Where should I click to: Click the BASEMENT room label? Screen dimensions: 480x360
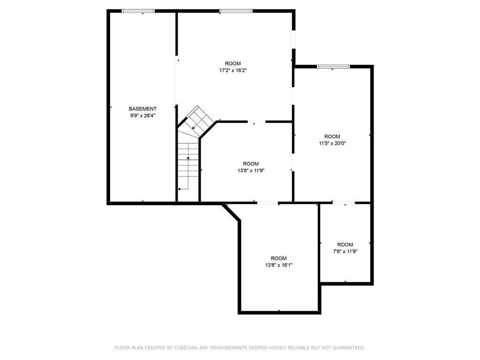(x=142, y=109)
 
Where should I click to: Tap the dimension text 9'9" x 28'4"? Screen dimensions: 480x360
(x=142, y=116)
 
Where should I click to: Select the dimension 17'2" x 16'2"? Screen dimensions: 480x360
(x=233, y=70)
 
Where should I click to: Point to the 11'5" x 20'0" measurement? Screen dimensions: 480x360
(x=332, y=143)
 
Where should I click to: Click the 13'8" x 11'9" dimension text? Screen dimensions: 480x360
(x=251, y=171)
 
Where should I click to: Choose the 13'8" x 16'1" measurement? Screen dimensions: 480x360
(x=279, y=265)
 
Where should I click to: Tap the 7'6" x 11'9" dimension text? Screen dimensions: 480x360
(x=345, y=252)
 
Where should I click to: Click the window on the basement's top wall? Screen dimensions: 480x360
(x=138, y=11)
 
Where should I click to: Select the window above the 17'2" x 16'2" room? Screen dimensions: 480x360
(x=236, y=11)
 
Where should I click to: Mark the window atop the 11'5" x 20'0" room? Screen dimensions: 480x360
(x=333, y=67)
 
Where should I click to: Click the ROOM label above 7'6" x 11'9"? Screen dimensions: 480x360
(x=345, y=245)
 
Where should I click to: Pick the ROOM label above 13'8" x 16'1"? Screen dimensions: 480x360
(x=279, y=258)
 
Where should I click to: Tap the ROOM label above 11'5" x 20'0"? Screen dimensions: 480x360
(x=332, y=136)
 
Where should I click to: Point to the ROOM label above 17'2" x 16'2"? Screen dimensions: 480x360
(x=233, y=64)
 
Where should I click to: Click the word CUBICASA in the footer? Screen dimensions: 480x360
(x=185, y=348)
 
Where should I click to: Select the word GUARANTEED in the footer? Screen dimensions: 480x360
(x=349, y=348)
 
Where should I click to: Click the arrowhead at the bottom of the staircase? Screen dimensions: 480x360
(x=179, y=189)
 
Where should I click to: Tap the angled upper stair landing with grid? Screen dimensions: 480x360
(x=197, y=121)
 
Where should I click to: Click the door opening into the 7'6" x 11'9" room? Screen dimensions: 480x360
(x=344, y=202)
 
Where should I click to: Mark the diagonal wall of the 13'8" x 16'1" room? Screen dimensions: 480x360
(x=232, y=212)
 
